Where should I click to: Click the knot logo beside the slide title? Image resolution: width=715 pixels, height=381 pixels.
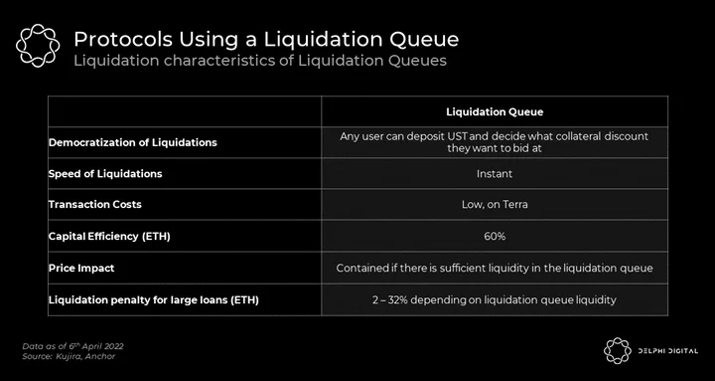(x=38, y=46)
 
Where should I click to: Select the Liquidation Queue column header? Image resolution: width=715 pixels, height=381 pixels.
(x=495, y=112)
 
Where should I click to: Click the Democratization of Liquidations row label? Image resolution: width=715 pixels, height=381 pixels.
(x=133, y=142)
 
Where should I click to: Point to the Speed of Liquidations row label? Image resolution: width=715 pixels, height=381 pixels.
(x=105, y=174)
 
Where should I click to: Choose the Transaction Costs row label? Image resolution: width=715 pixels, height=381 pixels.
(x=95, y=204)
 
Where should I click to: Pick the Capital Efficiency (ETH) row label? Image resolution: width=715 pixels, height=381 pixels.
(x=109, y=236)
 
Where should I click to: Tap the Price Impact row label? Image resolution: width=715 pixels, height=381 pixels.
(x=81, y=269)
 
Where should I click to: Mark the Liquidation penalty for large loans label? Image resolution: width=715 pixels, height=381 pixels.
(x=154, y=300)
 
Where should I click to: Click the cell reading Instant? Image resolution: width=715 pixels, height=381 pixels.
(x=495, y=174)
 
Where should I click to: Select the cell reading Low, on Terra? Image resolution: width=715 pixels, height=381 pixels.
(x=495, y=205)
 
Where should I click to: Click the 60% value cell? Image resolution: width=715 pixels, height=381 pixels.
(x=495, y=236)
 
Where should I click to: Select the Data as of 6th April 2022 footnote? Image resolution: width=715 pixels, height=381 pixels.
(x=72, y=346)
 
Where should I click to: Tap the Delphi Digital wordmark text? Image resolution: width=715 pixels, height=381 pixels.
(x=667, y=351)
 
